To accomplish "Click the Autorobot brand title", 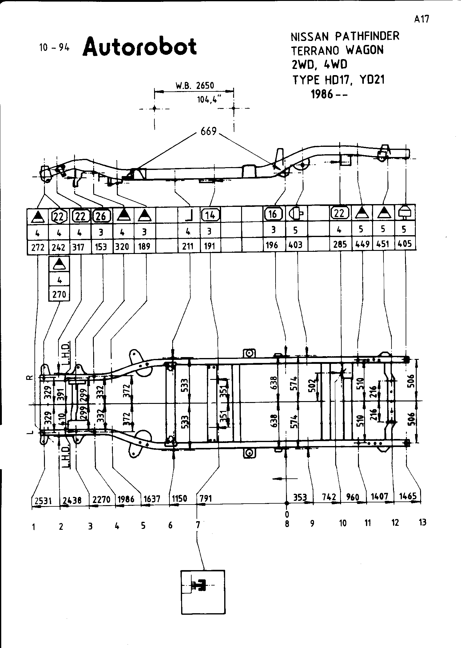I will [140, 47].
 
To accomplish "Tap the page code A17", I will [421, 19].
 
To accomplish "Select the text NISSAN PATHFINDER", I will [345, 36].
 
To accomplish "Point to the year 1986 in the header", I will [322, 94].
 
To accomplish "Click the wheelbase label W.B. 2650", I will [195, 85].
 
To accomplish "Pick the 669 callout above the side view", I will [209, 131].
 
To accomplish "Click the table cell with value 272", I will [38, 247].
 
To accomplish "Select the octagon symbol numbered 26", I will [101, 216].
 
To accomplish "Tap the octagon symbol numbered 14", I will [210, 215].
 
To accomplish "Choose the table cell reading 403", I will [296, 245].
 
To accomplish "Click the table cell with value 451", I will [383, 244].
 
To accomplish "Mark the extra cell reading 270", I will [59, 295].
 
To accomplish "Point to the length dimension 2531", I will [42, 501].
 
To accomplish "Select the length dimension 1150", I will [179, 499].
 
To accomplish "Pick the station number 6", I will [170, 525].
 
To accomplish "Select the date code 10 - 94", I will [54, 48].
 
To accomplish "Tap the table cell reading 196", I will [272, 245].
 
